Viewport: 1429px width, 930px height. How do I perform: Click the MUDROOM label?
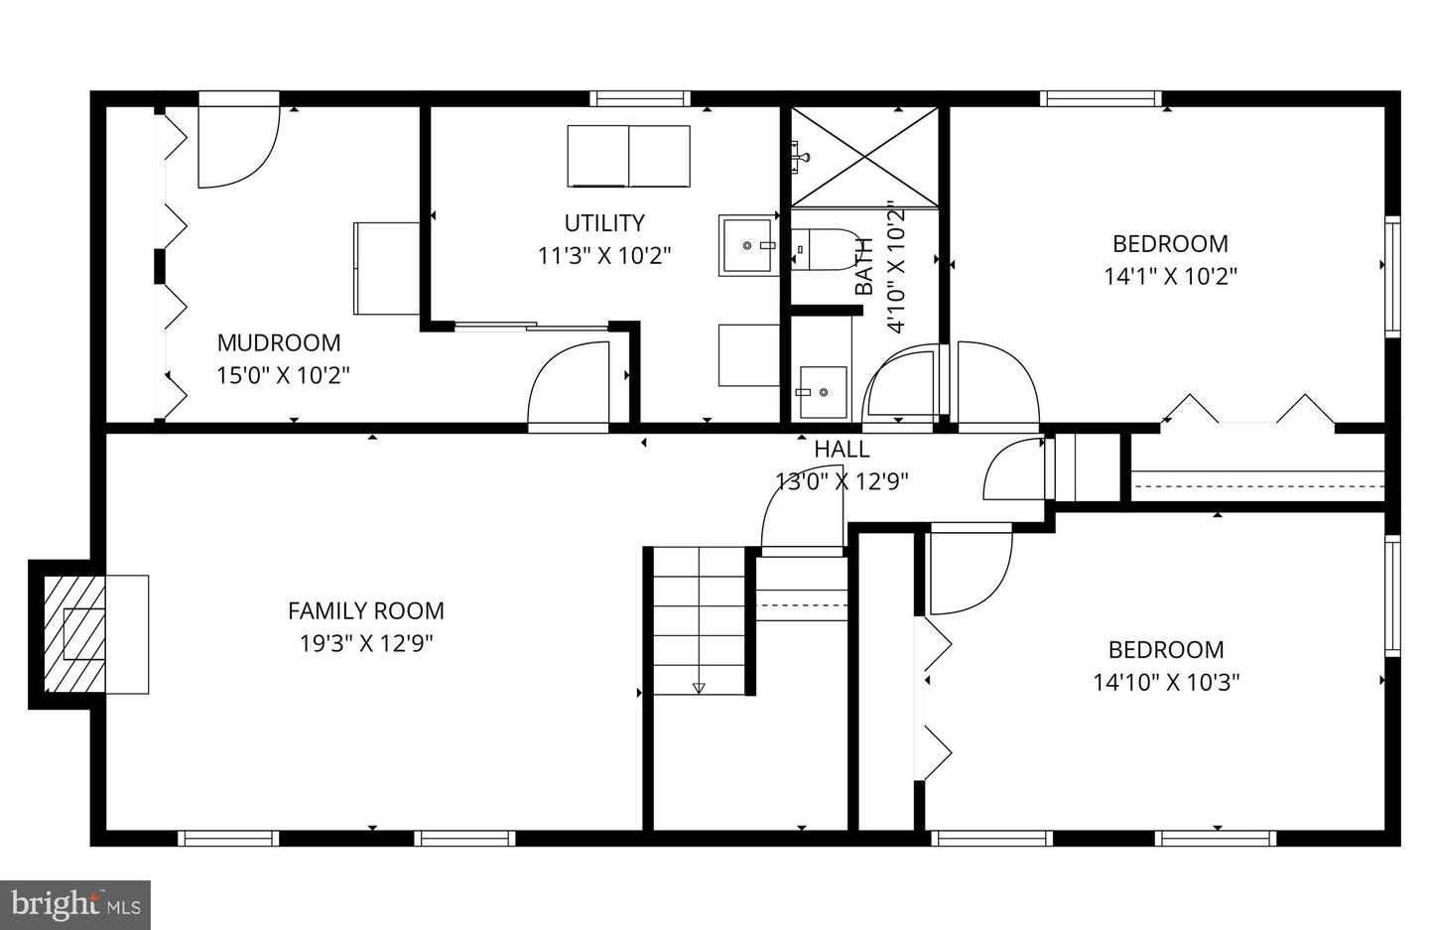[x=278, y=342]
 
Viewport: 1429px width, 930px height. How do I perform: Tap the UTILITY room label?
[x=604, y=222]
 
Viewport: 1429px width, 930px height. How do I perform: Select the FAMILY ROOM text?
[x=365, y=610]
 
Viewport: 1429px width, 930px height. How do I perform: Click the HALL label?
[x=842, y=449]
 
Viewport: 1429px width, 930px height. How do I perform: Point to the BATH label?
[x=864, y=266]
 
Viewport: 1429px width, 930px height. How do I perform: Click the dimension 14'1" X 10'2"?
[x=1170, y=276]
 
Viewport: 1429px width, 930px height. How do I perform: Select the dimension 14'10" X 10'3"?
[x=1166, y=682]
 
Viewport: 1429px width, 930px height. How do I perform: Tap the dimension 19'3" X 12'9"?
[x=366, y=643]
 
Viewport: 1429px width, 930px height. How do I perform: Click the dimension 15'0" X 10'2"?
[x=283, y=375]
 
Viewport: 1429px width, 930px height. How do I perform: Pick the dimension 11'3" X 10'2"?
[x=604, y=255]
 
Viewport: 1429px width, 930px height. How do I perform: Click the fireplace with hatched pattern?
[x=75, y=634]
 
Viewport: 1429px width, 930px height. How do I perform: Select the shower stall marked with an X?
[x=864, y=157]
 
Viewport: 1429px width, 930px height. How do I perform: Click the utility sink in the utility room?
[x=749, y=244]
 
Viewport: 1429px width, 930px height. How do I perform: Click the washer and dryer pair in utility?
[x=628, y=156]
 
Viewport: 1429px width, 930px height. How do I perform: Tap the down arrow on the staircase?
[x=699, y=687]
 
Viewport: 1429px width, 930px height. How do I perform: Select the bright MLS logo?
[x=74, y=904]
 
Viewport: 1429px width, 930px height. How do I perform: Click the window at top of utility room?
[x=640, y=98]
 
